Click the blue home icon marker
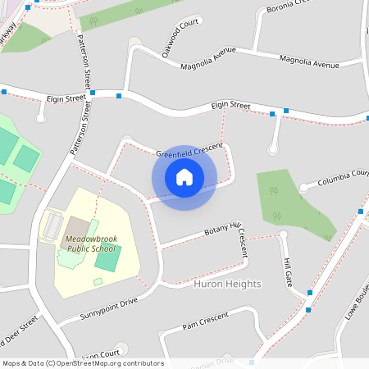click(184, 176)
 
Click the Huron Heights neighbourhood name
click(227, 284)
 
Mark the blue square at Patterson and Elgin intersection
click(93, 93)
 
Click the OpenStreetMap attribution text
click(83, 363)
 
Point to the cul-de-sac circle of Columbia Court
click(304, 188)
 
